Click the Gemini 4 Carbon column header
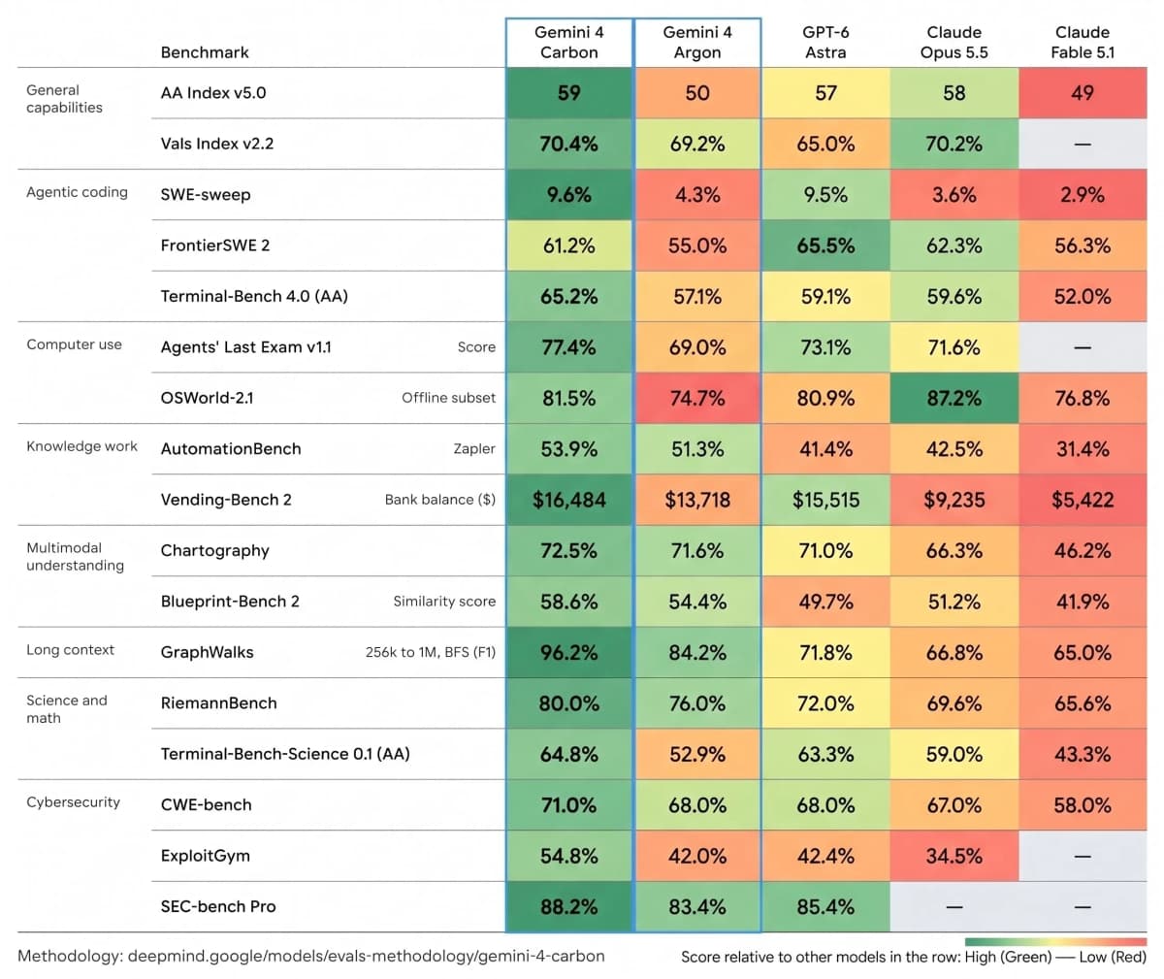[x=568, y=43]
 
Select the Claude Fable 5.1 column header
[x=1083, y=43]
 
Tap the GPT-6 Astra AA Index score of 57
[x=825, y=93]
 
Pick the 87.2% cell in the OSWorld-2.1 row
[x=954, y=398]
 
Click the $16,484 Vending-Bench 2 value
[x=568, y=500]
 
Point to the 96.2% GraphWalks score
[x=568, y=652]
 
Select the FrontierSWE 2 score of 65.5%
[x=825, y=245]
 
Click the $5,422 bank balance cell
[x=1083, y=500]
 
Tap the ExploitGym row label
[x=205, y=856]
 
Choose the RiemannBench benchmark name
[x=218, y=703]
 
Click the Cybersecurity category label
[x=73, y=802]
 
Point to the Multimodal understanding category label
[x=76, y=556]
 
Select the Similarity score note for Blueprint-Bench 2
[x=444, y=601]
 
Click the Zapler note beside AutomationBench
[x=474, y=449]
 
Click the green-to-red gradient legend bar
[x=1056, y=942]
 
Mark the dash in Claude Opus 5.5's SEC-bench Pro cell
[x=954, y=907]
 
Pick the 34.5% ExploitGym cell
[x=954, y=856]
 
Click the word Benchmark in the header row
[x=205, y=52]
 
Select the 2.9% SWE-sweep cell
[x=1083, y=195]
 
